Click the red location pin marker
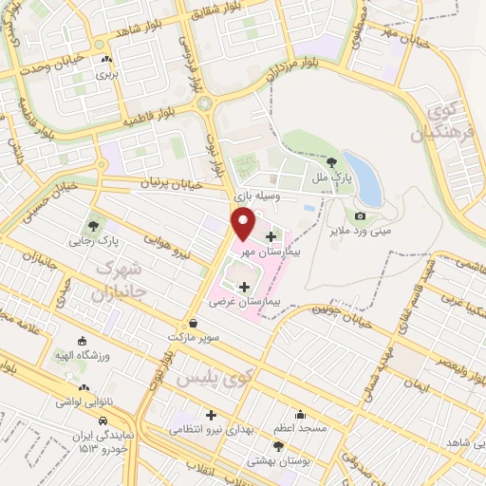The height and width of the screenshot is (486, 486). tap(244, 224)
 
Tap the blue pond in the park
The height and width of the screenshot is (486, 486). tap(364, 178)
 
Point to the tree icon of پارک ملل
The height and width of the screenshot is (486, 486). tap(329, 162)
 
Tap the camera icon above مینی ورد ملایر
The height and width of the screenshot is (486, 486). tap(360, 216)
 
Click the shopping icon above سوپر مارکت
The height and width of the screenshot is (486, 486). tap(194, 323)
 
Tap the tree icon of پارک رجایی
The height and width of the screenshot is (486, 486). tap(93, 226)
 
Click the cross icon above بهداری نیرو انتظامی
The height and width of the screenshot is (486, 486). tap(211, 415)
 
